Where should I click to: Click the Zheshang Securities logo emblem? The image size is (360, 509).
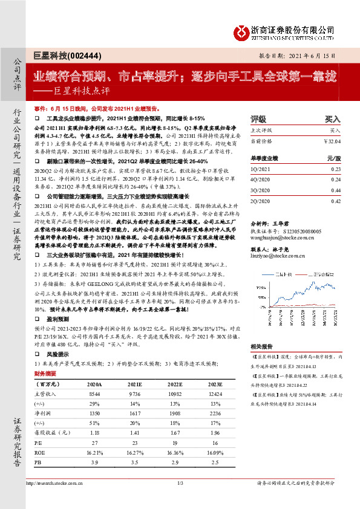(243, 30)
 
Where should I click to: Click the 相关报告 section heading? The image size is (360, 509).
(261, 348)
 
